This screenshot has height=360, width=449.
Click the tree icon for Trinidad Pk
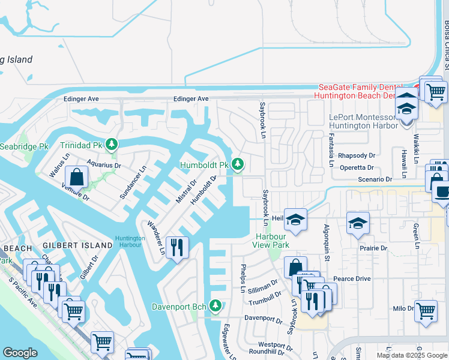[112, 145]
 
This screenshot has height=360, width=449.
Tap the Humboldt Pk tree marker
[238, 164]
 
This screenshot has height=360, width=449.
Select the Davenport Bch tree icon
[215, 306]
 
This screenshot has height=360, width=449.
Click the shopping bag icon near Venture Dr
[76, 177]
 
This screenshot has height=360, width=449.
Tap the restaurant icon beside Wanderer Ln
[176, 247]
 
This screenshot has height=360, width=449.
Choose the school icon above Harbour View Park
[295, 220]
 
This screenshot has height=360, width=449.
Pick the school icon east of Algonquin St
[358, 223]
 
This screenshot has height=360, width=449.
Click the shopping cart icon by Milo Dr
[426, 311]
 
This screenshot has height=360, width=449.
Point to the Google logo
[20, 353]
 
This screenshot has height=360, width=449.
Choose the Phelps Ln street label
[243, 278]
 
